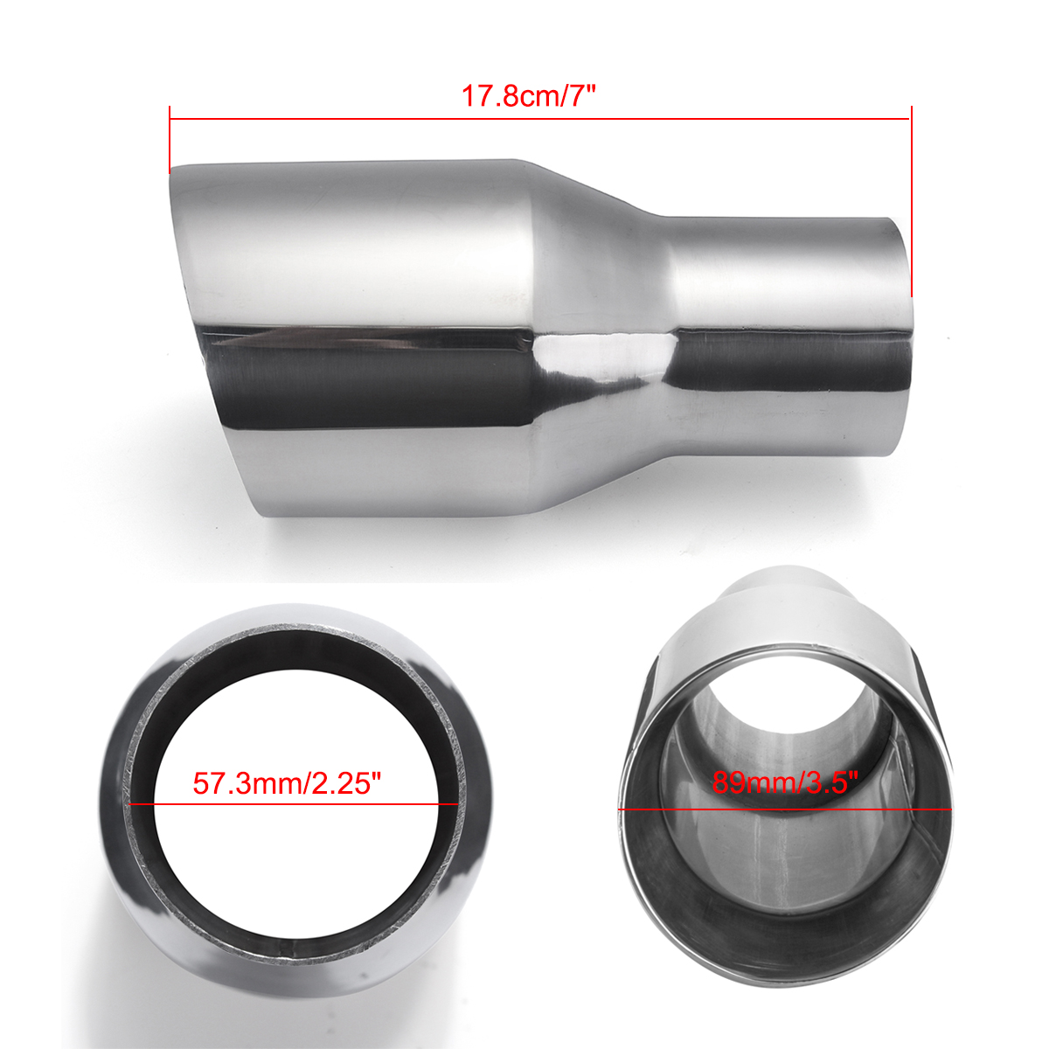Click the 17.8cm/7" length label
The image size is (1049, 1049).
528,95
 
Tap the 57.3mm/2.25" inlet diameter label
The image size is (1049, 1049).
288,782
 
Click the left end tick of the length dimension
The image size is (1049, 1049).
170,140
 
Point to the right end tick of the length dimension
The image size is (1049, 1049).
911,201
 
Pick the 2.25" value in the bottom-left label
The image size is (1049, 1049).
349,782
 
